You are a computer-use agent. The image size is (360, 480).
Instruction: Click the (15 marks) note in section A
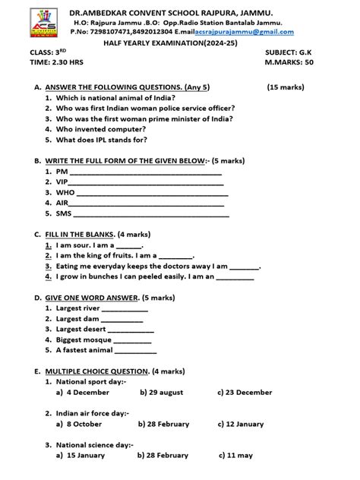coord(286,87)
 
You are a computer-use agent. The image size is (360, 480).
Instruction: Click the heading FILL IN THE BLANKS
coord(80,235)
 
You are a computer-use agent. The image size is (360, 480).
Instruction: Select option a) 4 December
coord(84,393)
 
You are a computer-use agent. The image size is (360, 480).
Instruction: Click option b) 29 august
coord(162,393)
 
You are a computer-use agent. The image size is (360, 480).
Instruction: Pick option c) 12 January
coord(245,424)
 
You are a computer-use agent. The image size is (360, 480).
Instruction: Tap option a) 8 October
coord(80,424)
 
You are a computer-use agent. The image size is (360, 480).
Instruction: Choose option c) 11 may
coord(236,455)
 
